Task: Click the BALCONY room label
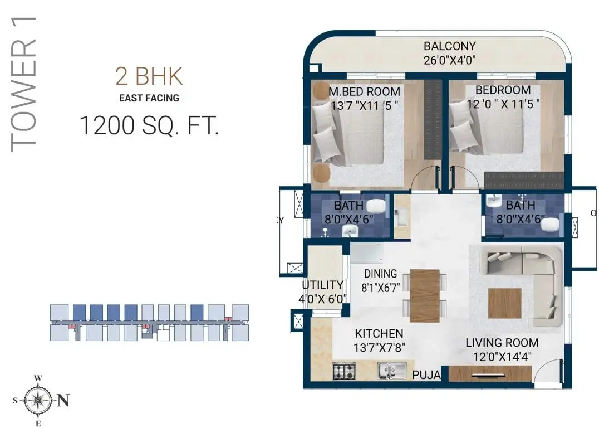pyautogui.click(x=450, y=46)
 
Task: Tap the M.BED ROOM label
pyautogui.click(x=365, y=92)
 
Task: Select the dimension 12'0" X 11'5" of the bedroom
pyautogui.click(x=503, y=104)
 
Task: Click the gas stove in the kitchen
pyautogui.click(x=344, y=371)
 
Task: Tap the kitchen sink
pyautogui.click(x=392, y=371)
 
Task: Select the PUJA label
pyautogui.click(x=427, y=375)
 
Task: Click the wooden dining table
pyautogui.click(x=425, y=296)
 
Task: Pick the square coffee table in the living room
pyautogui.click(x=505, y=303)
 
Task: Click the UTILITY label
pyautogui.click(x=322, y=285)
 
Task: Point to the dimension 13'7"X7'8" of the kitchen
pyautogui.click(x=379, y=348)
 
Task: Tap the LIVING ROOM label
pyautogui.click(x=502, y=343)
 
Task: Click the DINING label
pyautogui.click(x=380, y=274)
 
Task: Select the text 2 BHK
pyautogui.click(x=149, y=76)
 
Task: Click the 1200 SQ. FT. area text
pyautogui.click(x=149, y=125)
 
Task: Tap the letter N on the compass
pyautogui.click(x=63, y=401)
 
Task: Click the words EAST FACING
pyautogui.click(x=149, y=98)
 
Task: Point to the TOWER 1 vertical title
pyautogui.click(x=24, y=84)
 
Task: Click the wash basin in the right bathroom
pyautogui.click(x=494, y=201)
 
